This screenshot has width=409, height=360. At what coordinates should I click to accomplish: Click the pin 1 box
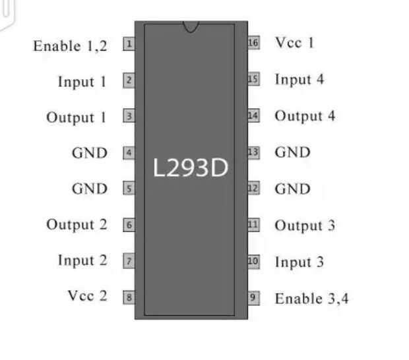(129, 44)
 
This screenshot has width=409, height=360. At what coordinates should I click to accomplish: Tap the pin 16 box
(253, 43)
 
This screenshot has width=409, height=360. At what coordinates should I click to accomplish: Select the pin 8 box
(129, 297)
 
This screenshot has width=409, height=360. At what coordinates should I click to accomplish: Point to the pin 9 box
(253, 297)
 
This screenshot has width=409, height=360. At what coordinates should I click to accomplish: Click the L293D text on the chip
(190, 168)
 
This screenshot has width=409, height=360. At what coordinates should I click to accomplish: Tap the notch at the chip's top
(191, 27)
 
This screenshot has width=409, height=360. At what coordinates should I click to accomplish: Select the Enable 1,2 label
(70, 46)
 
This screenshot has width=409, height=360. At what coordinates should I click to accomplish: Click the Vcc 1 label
(294, 43)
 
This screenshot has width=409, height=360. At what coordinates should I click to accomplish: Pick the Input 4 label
(299, 80)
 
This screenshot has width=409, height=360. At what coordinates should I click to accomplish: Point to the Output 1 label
(76, 117)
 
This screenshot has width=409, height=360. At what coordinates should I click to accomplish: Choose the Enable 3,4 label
(311, 298)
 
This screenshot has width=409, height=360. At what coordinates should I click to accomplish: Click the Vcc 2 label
(86, 295)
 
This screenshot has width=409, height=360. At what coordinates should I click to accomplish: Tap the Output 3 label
(305, 225)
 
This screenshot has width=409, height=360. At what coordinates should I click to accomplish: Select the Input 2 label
(82, 260)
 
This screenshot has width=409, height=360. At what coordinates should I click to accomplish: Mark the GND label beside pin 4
(89, 153)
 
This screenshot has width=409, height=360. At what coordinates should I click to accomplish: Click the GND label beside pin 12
(292, 189)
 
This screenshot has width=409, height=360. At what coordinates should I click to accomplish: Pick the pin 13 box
(253, 152)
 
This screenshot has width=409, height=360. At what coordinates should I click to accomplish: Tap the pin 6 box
(129, 225)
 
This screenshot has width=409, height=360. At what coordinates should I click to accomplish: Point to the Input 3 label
(299, 262)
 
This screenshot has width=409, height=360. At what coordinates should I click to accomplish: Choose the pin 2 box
(129, 81)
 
